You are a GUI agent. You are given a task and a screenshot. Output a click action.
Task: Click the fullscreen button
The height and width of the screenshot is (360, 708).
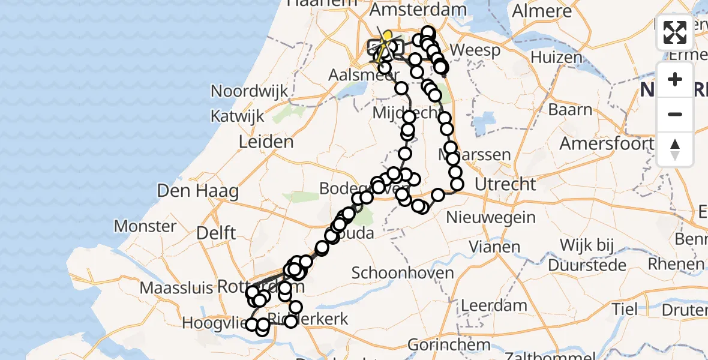click(x=675, y=32)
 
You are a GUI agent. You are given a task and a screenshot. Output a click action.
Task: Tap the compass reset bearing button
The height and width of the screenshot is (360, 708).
click(x=675, y=149)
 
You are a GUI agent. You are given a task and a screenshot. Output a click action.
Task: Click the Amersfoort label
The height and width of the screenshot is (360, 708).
click(x=606, y=144)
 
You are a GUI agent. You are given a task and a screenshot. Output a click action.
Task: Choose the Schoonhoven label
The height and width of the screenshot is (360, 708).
click(x=403, y=273)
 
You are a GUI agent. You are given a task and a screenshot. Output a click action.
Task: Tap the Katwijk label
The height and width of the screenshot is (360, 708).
click(x=239, y=116)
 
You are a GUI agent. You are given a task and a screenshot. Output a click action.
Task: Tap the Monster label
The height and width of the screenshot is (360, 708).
click(x=145, y=226)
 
